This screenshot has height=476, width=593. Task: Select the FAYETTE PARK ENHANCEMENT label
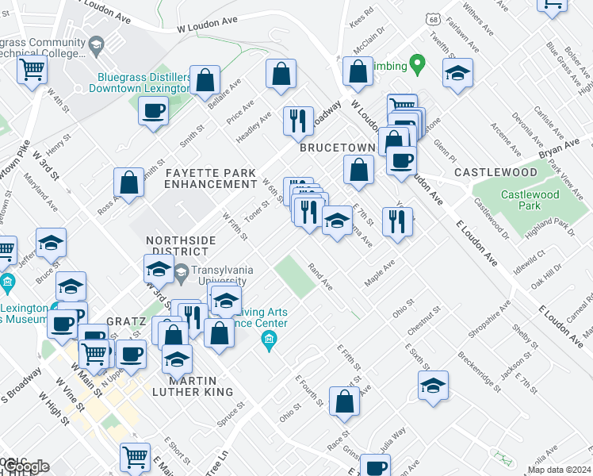tap(210, 178)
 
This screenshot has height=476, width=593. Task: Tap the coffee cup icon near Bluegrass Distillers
tap(153, 112)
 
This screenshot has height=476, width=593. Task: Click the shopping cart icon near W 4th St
tap(32, 69)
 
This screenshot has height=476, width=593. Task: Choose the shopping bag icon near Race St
tap(346, 402)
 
